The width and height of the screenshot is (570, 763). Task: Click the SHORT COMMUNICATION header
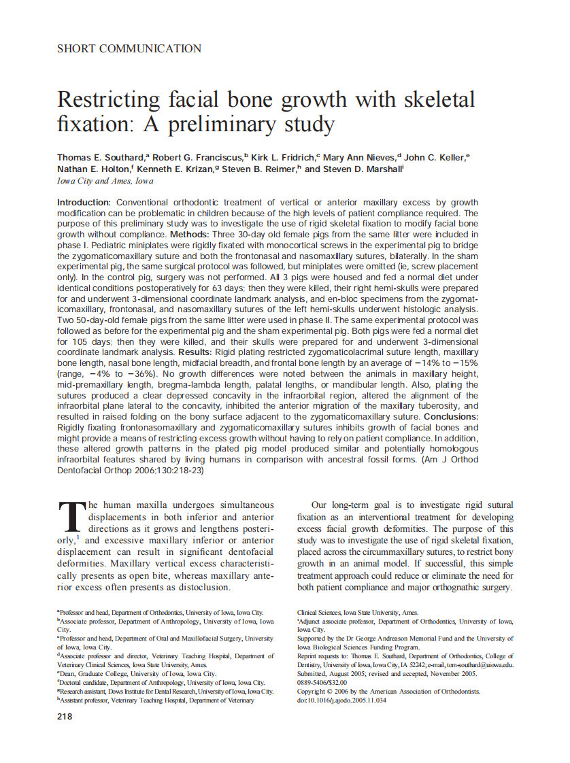point(129,48)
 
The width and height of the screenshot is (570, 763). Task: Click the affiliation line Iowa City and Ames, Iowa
point(105,181)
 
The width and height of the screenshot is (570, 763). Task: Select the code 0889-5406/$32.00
point(322,682)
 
